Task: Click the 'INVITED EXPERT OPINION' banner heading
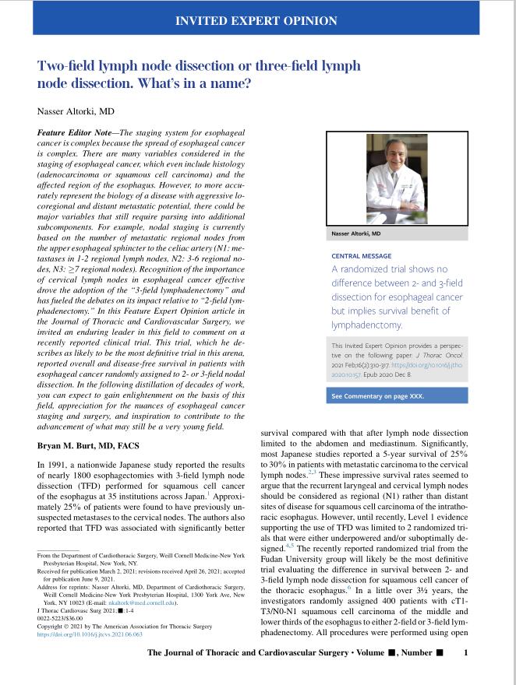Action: coord(257,20)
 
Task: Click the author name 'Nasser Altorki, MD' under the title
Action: coord(76,111)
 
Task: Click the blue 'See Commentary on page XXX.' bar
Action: coord(378,396)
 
